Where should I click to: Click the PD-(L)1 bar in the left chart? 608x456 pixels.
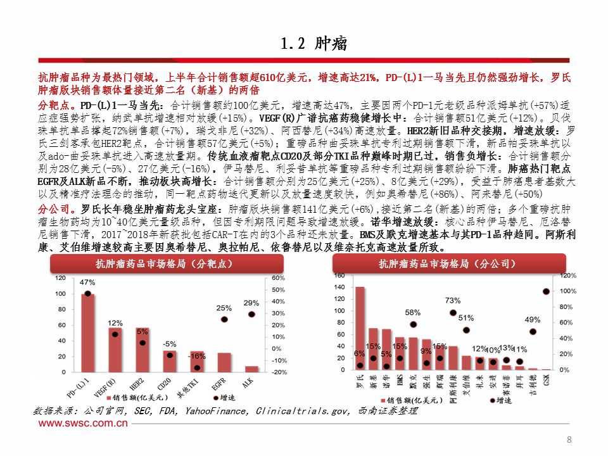pos(88,332)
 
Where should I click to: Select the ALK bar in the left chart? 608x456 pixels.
pos(251,369)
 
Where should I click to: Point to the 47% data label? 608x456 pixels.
pos(87,282)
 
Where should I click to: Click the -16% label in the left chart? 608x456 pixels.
pos(197,356)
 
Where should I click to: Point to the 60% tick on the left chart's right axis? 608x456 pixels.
pos(279,278)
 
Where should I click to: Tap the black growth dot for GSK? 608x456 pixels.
pos(546,292)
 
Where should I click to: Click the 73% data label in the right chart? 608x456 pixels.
pos(452,300)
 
